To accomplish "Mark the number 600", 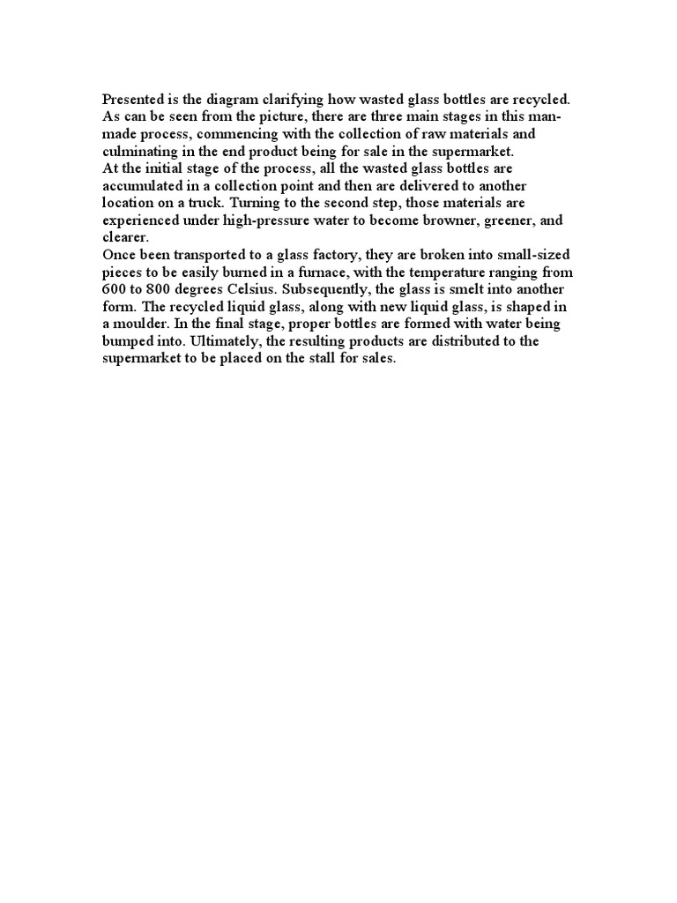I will [x=115, y=289].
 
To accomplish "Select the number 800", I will [x=160, y=289].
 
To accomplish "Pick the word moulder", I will [x=145, y=324].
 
